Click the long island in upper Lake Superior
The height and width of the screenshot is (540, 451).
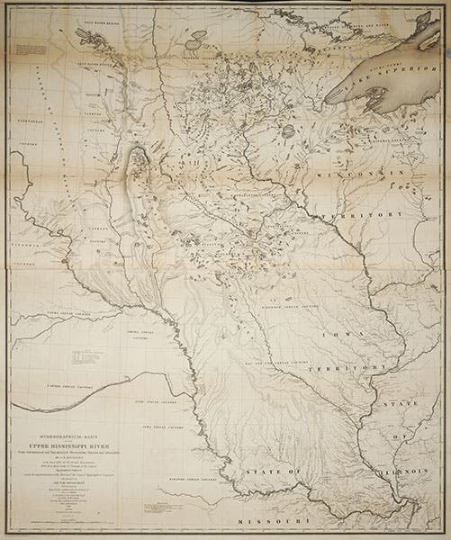click(422, 36)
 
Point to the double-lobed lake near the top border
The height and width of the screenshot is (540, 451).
click(91, 35)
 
